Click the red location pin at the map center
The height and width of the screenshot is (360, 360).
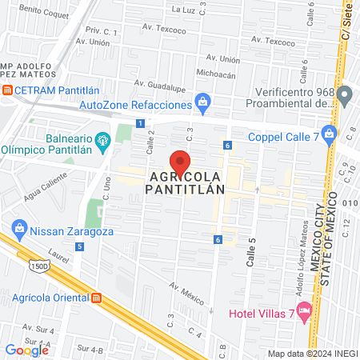180,161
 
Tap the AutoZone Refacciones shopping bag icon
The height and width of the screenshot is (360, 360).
203,102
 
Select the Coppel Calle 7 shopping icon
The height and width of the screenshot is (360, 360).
329,134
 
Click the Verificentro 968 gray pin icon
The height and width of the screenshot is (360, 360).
345,97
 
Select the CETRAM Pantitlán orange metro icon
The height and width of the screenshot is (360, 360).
7,90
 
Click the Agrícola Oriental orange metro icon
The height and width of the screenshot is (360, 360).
96,298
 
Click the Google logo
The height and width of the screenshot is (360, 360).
26,350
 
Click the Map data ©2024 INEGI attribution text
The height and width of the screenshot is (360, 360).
312,354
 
